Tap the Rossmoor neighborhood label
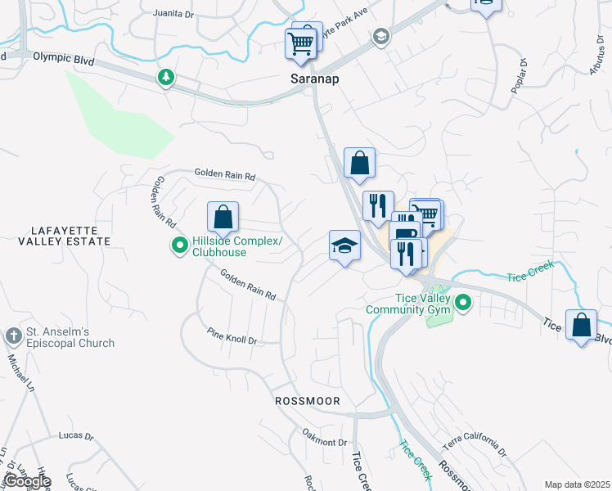[307, 401]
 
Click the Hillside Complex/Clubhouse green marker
[179, 245]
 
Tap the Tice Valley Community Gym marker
[463, 304]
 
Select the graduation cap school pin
[344, 245]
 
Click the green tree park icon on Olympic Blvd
[167, 78]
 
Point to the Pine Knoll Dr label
[232, 337]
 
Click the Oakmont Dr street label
[325, 442]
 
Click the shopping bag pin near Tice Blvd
[581, 326]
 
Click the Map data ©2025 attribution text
[577, 484]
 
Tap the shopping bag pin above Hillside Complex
[223, 218]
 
